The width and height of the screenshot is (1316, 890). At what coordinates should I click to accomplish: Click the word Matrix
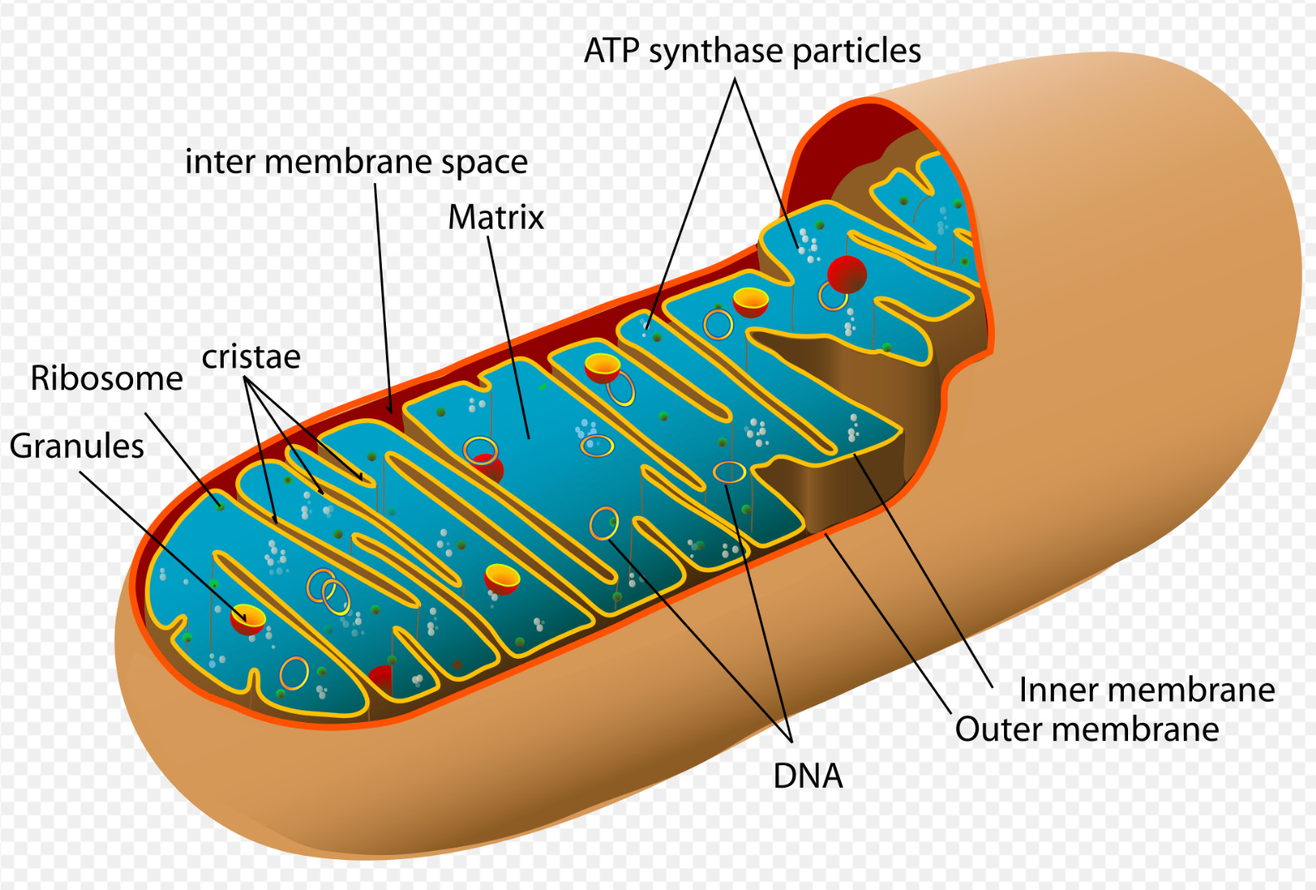[496, 218]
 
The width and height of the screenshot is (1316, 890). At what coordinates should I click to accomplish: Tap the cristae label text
[250, 357]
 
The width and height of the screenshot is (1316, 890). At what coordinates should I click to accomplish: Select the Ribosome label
[106, 378]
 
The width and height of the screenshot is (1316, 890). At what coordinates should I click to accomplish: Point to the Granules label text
[77, 447]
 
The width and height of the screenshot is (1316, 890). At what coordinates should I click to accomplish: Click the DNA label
[808, 776]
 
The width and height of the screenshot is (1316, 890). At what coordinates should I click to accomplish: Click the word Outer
[992, 729]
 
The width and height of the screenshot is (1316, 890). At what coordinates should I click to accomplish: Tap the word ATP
[612, 51]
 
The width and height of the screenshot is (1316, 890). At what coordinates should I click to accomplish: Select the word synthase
[715, 52]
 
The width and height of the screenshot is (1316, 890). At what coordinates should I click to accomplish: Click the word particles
[857, 52]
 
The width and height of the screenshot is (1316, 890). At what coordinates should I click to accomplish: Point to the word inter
[220, 161]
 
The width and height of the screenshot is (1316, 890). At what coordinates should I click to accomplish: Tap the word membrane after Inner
[1198, 690]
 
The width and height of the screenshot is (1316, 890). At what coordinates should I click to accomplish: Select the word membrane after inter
[350, 161]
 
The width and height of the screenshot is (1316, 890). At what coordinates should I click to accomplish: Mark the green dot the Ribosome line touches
[220, 505]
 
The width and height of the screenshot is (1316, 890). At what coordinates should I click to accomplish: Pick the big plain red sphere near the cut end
[847, 274]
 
